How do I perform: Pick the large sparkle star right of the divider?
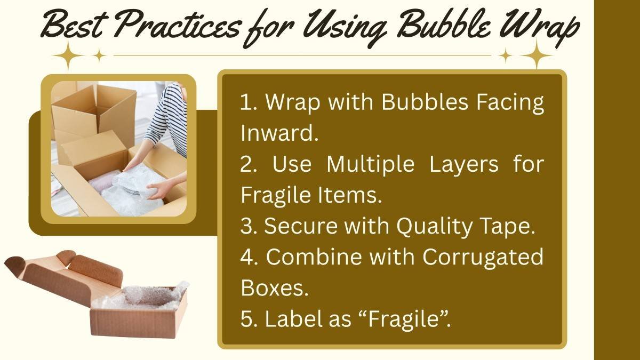(x=537, y=55)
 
